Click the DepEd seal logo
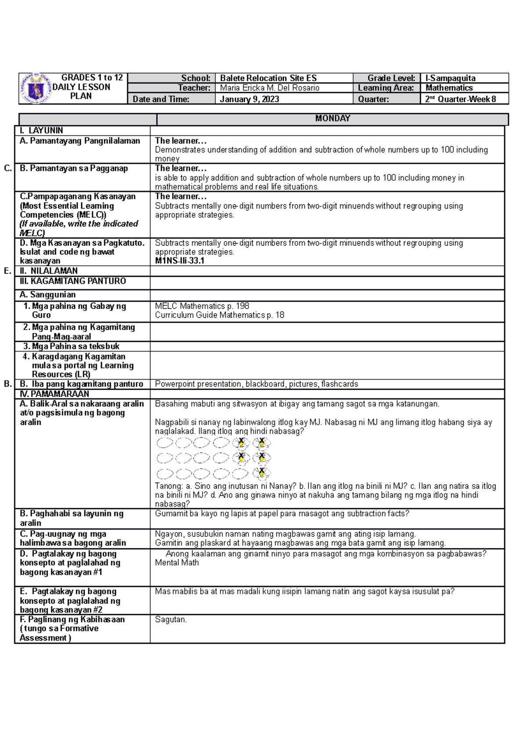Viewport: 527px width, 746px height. coord(36,88)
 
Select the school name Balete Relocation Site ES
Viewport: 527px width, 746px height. coord(268,78)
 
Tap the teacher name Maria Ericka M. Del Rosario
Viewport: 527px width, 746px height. coord(269,88)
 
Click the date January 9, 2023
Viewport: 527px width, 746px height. coord(249,99)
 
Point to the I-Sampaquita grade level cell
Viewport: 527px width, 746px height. coord(450,78)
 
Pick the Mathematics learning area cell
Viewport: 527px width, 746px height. coord(449,88)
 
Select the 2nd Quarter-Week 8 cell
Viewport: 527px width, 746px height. coord(460,99)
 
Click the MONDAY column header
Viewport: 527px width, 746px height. coord(332,119)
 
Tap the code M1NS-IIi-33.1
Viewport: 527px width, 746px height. coord(180,261)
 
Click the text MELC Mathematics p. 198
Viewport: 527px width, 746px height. coord(202,306)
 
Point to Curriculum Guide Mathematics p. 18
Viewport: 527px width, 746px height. coord(219,315)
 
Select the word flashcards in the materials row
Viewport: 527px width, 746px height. coord(339,384)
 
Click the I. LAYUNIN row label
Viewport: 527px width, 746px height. coord(41,130)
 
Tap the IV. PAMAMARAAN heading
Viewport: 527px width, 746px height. coord(54,394)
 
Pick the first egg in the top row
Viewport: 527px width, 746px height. coord(165,443)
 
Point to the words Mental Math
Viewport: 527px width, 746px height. coord(177,563)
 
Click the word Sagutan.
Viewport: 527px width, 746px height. coord(170,619)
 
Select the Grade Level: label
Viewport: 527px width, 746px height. coord(391,78)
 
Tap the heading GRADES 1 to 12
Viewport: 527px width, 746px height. coord(92,78)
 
